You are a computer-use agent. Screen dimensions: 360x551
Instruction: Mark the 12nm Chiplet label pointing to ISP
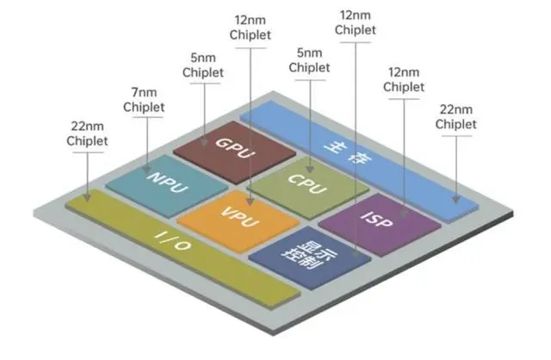(405, 79)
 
